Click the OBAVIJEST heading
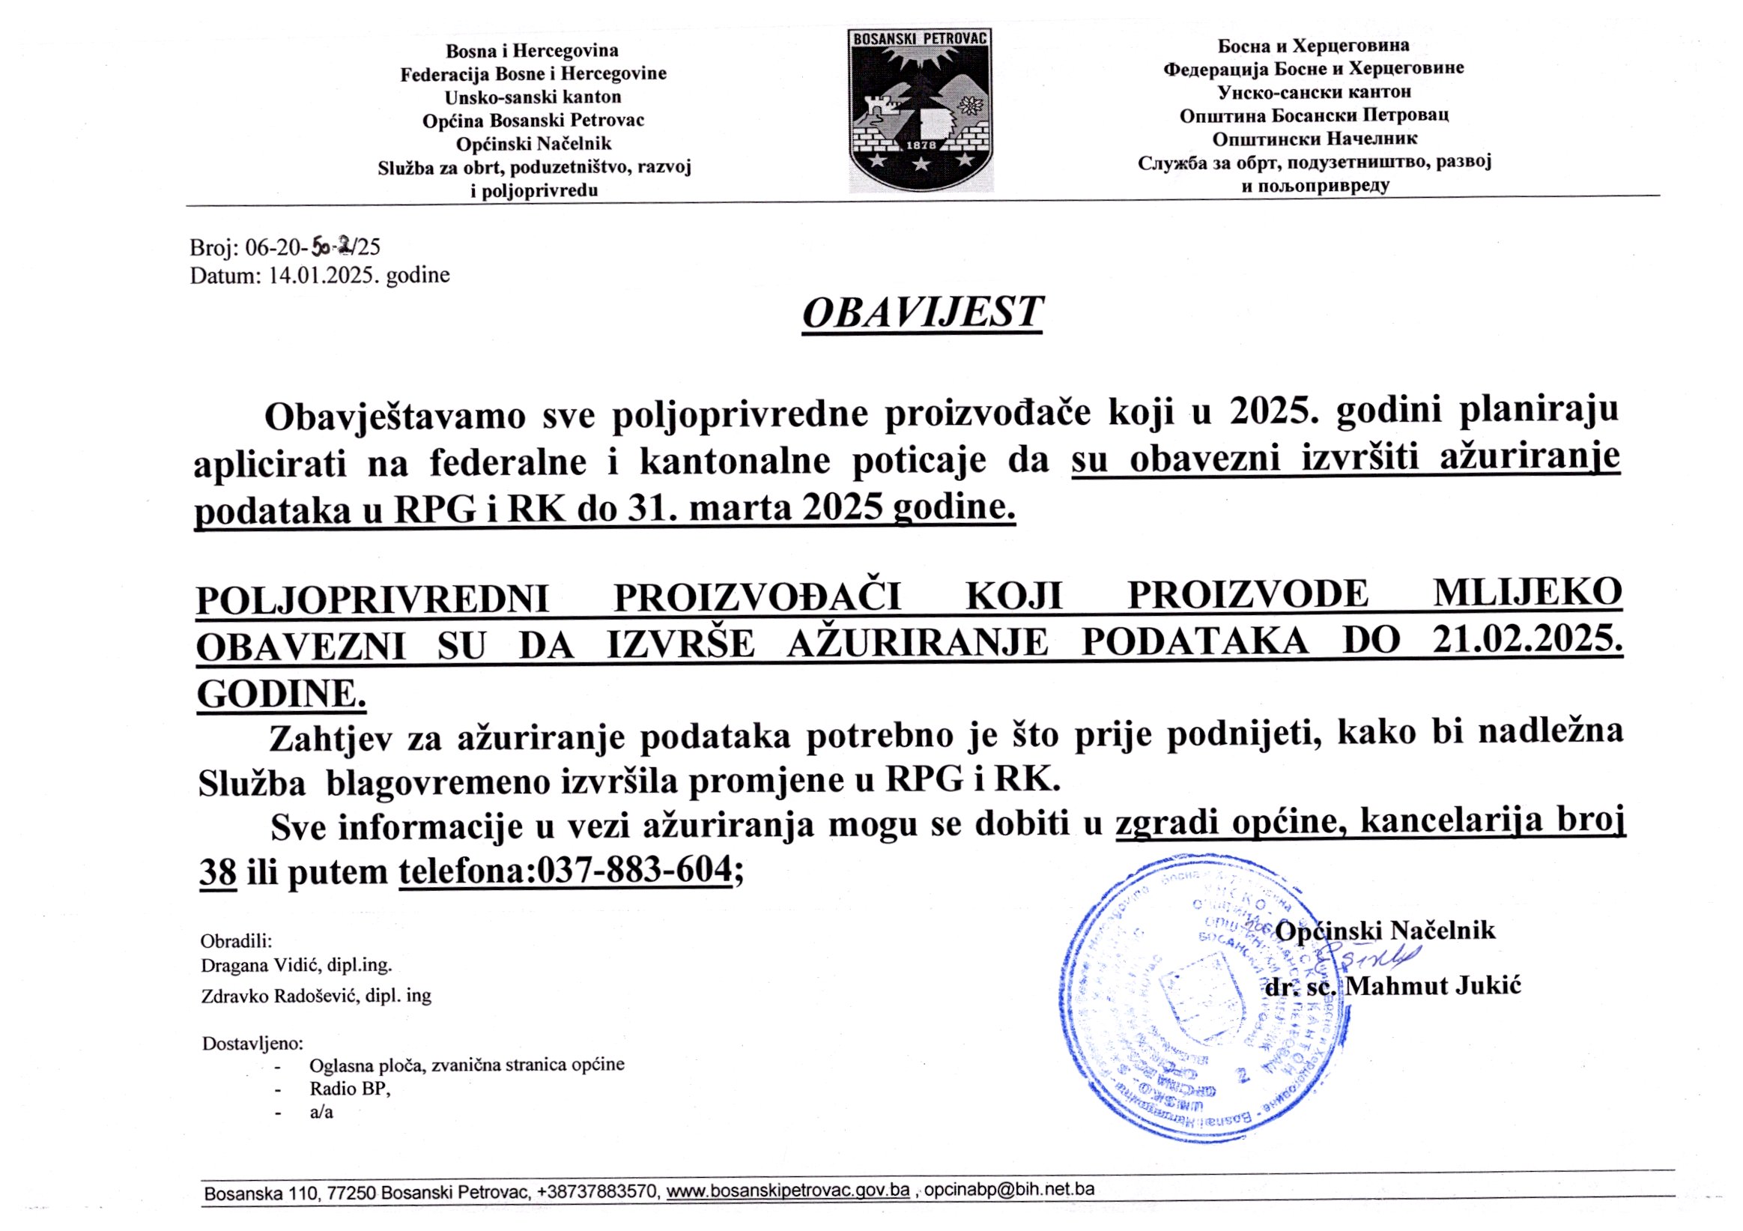tap(922, 312)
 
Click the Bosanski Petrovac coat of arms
tap(920, 109)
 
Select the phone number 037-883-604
tap(634, 870)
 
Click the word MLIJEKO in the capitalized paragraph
tap(1527, 594)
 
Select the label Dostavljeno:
tap(252, 1044)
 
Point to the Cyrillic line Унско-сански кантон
tap(1314, 92)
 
